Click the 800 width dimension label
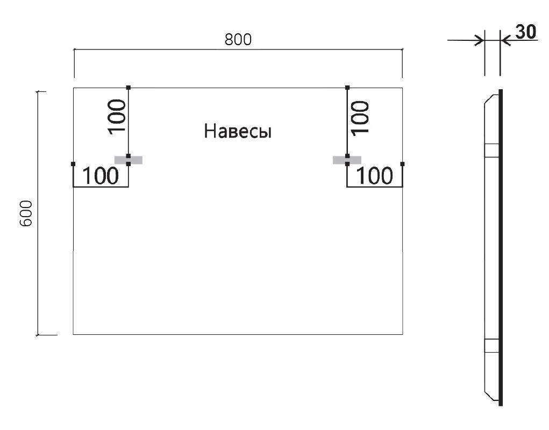click(238, 40)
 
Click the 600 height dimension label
click(26, 213)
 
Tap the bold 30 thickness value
click(526, 32)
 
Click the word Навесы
click(238, 132)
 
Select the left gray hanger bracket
click(129, 160)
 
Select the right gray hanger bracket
click(347, 160)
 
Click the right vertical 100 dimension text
click(360, 118)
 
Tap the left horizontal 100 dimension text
click(101, 176)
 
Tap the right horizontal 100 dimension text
click(375, 176)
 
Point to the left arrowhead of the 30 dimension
click(480, 40)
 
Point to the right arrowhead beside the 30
click(505, 40)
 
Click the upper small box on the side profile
click(491, 150)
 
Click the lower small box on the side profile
click(491, 345)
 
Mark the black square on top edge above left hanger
click(129, 88)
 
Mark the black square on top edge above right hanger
click(347, 88)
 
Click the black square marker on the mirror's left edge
click(73, 164)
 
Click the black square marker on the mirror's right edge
click(402, 164)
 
